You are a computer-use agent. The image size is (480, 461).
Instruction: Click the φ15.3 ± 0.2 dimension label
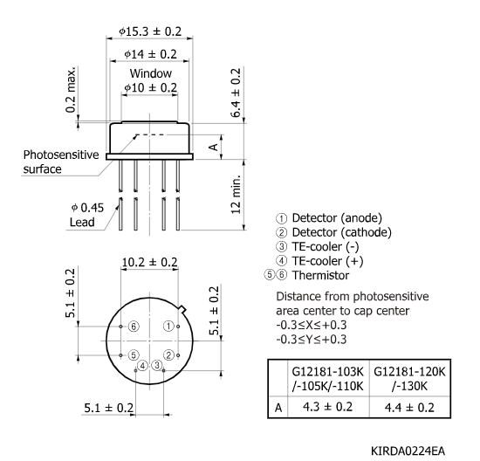(149, 31)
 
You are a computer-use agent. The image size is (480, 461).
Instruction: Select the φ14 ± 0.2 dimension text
(149, 55)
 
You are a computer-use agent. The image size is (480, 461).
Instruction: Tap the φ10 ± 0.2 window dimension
(149, 88)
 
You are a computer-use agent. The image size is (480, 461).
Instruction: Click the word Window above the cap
(150, 73)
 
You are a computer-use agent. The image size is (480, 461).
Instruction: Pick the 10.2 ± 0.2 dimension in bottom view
(149, 262)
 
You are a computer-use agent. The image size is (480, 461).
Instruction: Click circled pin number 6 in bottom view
(133, 326)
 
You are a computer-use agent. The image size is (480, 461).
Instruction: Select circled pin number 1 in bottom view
(168, 326)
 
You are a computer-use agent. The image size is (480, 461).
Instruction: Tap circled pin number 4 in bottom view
(142, 364)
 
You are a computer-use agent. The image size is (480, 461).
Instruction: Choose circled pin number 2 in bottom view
(169, 355)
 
